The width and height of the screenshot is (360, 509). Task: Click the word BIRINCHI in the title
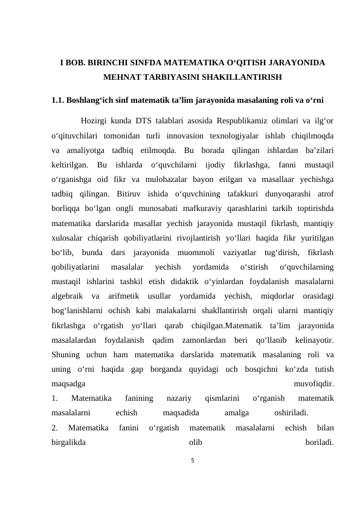tap(109, 63)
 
